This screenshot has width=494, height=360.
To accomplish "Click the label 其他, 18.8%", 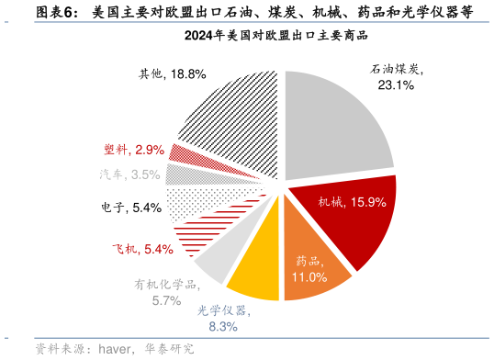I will tap(172, 73).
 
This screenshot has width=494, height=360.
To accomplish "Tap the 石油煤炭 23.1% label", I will tap(396, 76).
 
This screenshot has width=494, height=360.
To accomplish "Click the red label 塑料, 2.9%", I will tap(134, 149).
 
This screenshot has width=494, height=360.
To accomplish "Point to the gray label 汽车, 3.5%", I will tap(129, 174).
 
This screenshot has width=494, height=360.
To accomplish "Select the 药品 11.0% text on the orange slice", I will tap(309, 269).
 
